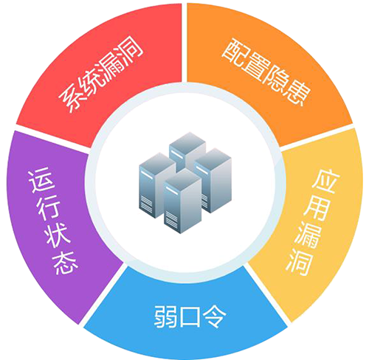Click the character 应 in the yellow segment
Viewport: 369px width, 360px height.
[325, 181]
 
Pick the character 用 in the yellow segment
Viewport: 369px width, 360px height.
[317, 209]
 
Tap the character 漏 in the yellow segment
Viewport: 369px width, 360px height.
[308, 235]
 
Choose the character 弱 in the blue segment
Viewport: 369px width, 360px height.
[165, 316]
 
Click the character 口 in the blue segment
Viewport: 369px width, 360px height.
[190, 316]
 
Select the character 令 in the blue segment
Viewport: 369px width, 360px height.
[215, 316]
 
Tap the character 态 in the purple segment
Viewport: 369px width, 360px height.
[64, 263]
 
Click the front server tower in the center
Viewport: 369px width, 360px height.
[182, 201]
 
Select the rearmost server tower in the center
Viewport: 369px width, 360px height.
[187, 150]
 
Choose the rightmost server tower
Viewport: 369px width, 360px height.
[213, 180]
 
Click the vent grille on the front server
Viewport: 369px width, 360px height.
[171, 218]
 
